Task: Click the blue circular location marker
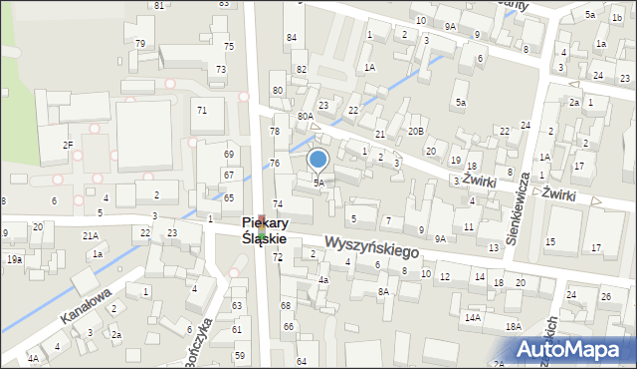click(x=318, y=159)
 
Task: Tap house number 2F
click(x=68, y=145)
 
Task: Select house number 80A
click(x=306, y=117)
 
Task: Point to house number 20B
click(x=415, y=131)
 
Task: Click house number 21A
click(x=90, y=235)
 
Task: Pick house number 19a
click(x=15, y=259)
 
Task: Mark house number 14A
click(x=472, y=317)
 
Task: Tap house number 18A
click(x=513, y=326)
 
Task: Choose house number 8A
click(x=383, y=291)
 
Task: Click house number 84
click(x=292, y=37)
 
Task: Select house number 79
click(x=140, y=43)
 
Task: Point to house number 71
click(x=202, y=110)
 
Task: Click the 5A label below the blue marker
click(x=318, y=184)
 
